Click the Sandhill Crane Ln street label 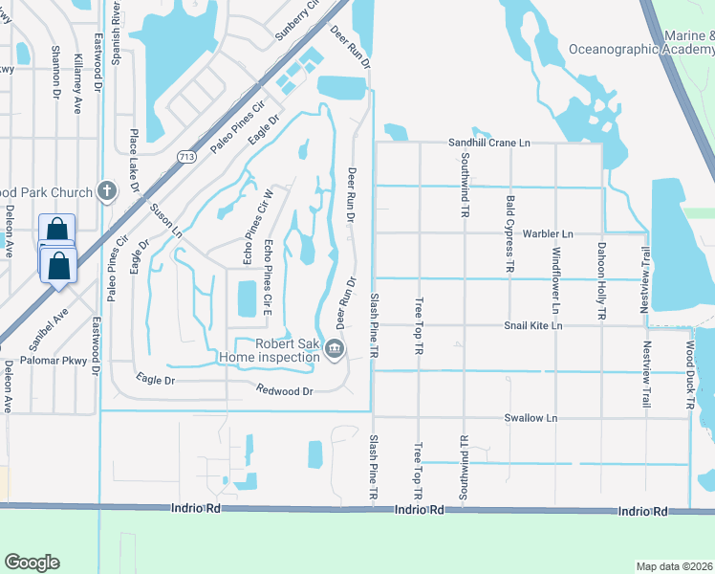click(x=489, y=143)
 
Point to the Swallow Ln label click(x=531, y=418)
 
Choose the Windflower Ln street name click(x=555, y=280)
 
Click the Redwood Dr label click(x=285, y=390)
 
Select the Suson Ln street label click(x=164, y=220)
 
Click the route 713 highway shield click(x=186, y=157)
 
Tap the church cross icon click(x=105, y=191)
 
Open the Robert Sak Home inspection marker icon click(x=334, y=348)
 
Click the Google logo click(x=32, y=563)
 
